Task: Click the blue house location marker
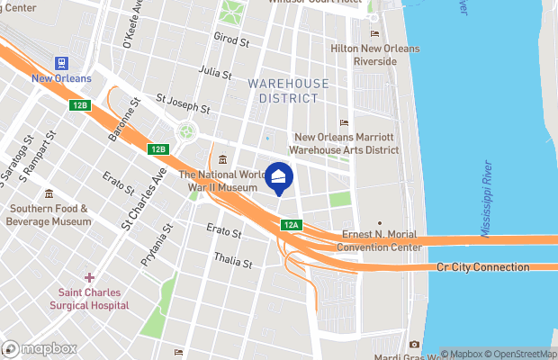pyautogui.click(x=280, y=178)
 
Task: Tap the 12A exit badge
pyautogui.click(x=289, y=225)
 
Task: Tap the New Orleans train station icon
pyautogui.click(x=61, y=63)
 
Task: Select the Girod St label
pyautogui.click(x=230, y=40)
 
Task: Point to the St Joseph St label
pyautogui.click(x=183, y=103)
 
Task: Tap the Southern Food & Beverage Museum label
pyautogui.click(x=49, y=214)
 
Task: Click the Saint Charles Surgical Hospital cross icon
pyautogui.click(x=88, y=277)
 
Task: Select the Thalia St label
pyautogui.click(x=234, y=259)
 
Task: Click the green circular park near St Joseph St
pyautogui.click(x=187, y=131)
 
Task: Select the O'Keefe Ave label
pyautogui.click(x=133, y=24)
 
